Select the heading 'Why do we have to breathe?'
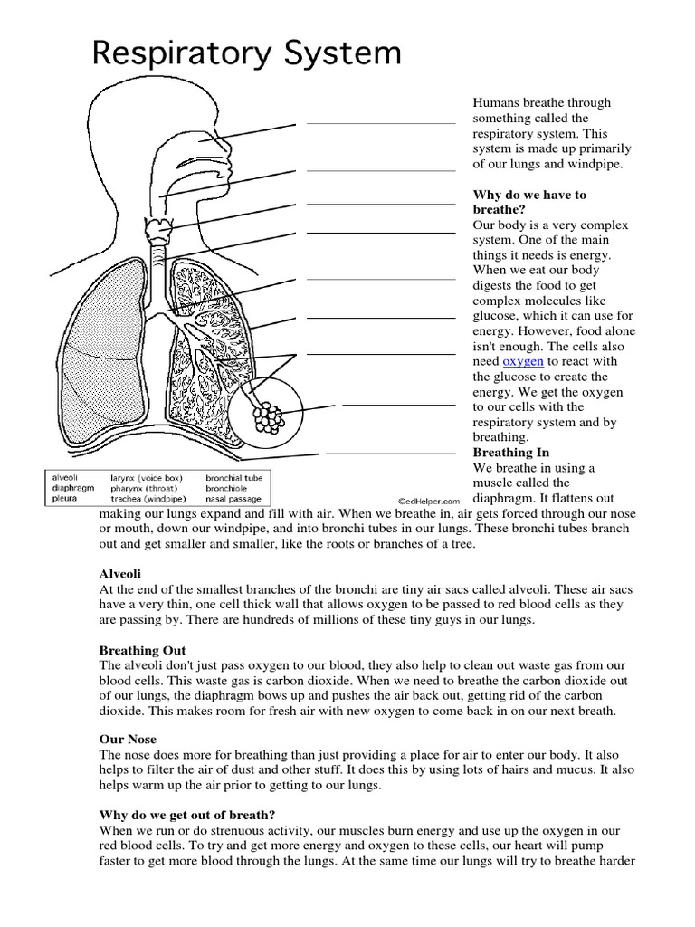pos(529,202)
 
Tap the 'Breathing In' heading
pos(511,453)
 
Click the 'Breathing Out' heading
pos(142,650)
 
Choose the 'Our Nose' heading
pos(128,740)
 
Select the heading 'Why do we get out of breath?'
pos(187,815)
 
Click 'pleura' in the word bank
pos(64,498)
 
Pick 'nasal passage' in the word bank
pos(233,498)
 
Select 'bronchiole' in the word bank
pos(227,486)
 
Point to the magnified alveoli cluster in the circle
pos(267,416)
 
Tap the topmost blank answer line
pos(381,123)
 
